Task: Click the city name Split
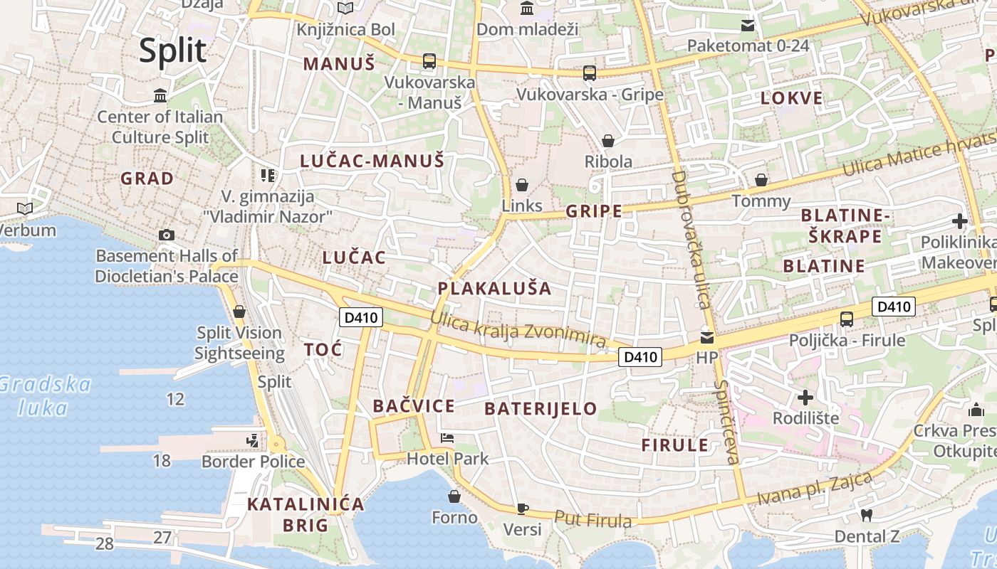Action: click(173, 50)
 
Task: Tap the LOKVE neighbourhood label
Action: click(791, 98)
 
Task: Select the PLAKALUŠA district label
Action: click(495, 288)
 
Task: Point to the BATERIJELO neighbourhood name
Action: click(541, 408)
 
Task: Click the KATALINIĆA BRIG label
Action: click(306, 515)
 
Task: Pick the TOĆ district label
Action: click(323, 349)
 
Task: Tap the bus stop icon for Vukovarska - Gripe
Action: click(590, 73)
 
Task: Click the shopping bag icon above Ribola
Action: click(608, 141)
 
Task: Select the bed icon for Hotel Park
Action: click(447, 437)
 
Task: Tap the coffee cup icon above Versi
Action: click(523, 508)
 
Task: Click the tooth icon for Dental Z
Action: click(867, 515)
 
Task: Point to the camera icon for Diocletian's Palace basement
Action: click(167, 235)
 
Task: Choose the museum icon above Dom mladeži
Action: click(527, 9)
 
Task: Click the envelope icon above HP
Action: click(707, 337)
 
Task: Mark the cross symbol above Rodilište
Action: click(805, 397)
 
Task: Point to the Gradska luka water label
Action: click(44, 396)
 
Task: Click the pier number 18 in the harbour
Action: click(162, 460)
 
